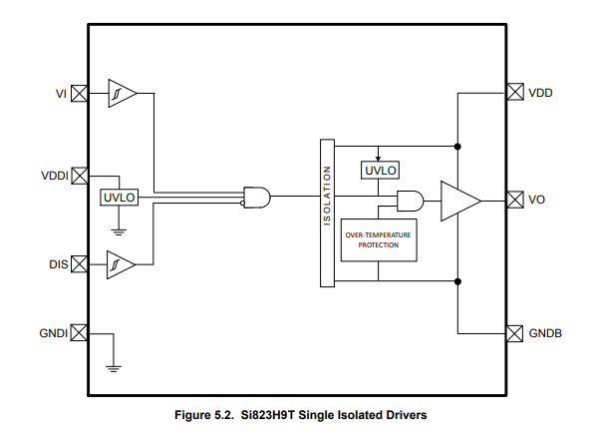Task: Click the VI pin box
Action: tap(80, 93)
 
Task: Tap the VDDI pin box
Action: tap(80, 176)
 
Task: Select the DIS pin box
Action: tap(80, 263)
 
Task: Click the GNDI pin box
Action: tap(80, 333)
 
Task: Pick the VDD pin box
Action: tap(515, 92)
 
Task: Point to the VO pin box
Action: tap(515, 200)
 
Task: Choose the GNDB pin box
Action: tap(515, 334)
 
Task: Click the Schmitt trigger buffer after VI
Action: tap(123, 93)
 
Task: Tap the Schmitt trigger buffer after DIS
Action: tap(121, 264)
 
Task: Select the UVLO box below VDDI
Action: tap(119, 198)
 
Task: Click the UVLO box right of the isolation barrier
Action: tap(380, 171)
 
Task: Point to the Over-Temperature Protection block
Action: tap(379, 239)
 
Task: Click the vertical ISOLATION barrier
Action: tap(327, 214)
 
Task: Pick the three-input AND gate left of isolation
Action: tap(257, 198)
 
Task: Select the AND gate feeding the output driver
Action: tap(411, 201)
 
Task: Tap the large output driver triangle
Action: tap(460, 201)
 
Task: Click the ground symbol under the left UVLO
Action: tap(119, 232)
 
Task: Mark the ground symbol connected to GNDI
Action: tap(114, 368)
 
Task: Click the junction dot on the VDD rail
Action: tap(457, 147)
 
